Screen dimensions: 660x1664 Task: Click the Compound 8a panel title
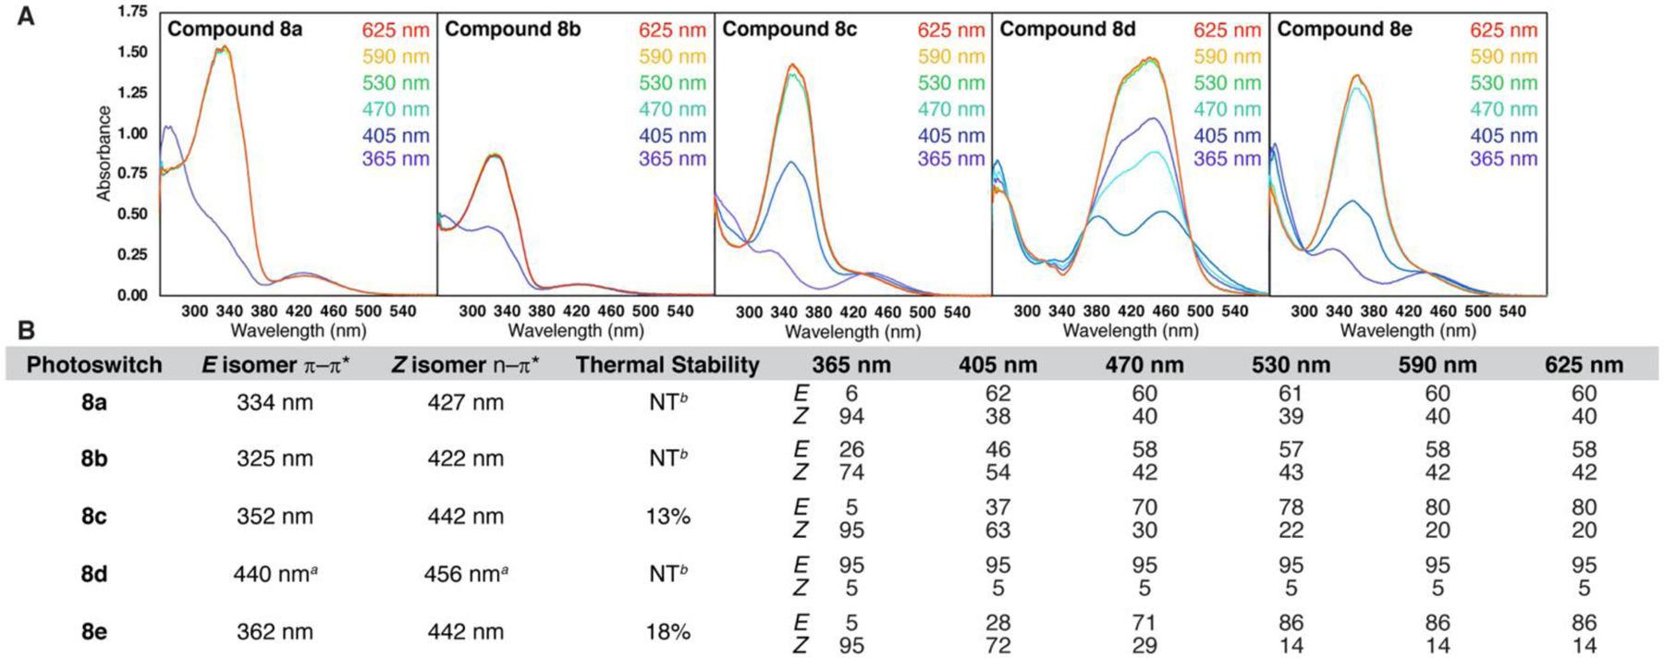[x=235, y=30]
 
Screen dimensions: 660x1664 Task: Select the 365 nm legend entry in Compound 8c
[x=951, y=159]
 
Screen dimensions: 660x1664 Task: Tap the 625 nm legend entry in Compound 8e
[x=1503, y=31]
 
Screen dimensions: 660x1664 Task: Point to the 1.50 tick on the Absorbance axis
[x=132, y=53]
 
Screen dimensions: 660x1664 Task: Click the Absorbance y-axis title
[x=104, y=153]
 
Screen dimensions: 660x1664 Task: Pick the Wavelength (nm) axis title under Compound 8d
[x=1130, y=331]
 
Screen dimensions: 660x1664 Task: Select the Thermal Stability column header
[x=667, y=365]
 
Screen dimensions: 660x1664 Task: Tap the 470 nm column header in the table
[x=1144, y=365]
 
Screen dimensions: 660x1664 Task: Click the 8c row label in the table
[x=93, y=517]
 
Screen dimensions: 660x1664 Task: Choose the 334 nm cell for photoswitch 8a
[x=275, y=403]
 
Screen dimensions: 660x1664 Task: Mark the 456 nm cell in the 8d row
[x=465, y=574]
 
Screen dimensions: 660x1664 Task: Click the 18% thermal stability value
[x=667, y=632]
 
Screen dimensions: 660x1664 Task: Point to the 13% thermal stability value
[x=667, y=517]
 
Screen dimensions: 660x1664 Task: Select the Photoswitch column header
[x=94, y=365]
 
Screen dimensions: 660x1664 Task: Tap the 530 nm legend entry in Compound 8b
[x=672, y=83]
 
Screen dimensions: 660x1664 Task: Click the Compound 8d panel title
[x=1067, y=30]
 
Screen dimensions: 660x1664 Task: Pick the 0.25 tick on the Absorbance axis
[x=132, y=255]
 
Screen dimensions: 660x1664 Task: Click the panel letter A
[x=27, y=16]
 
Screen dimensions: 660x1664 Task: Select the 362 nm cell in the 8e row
[x=275, y=632]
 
